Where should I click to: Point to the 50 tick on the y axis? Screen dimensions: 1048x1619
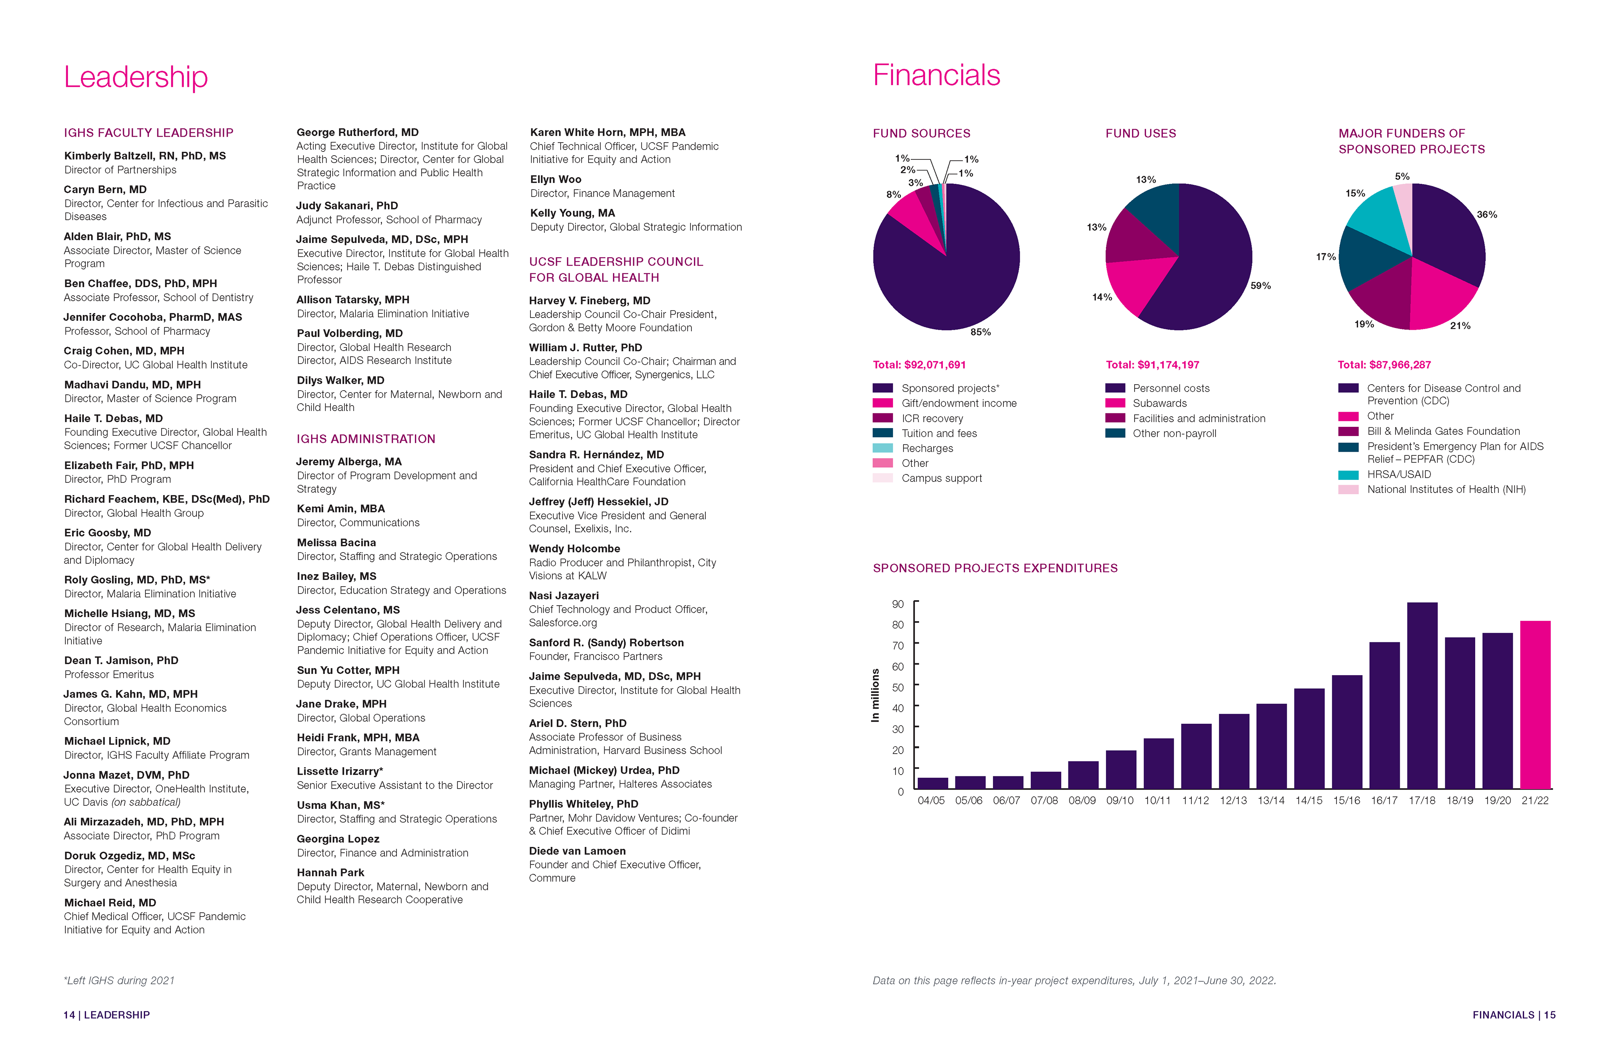pyautogui.click(x=898, y=687)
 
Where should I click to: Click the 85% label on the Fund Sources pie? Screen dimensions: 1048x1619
pyautogui.click(x=980, y=332)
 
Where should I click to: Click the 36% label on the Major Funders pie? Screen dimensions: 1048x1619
pyautogui.click(x=1486, y=214)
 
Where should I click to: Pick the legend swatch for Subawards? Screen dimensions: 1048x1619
pyautogui.click(x=1115, y=403)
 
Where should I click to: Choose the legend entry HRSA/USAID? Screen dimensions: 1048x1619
pyautogui.click(x=1398, y=474)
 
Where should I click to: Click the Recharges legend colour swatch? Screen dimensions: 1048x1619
pyautogui.click(x=882, y=448)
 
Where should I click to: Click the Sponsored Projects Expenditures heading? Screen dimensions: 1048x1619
pyautogui.click(x=995, y=568)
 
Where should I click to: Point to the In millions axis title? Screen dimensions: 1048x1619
pyautogui.click(x=876, y=695)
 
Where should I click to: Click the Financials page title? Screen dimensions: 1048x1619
pyautogui.click(x=936, y=75)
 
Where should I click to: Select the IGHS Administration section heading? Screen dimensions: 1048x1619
pyautogui.click(x=365, y=439)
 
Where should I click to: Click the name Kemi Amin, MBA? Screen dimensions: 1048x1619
pyautogui.click(x=341, y=508)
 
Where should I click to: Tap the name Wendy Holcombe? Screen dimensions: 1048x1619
pyautogui.click(x=574, y=549)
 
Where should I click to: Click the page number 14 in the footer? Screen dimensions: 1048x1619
pyautogui.click(x=69, y=1015)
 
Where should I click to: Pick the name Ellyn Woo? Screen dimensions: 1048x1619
pyautogui.click(x=555, y=179)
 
